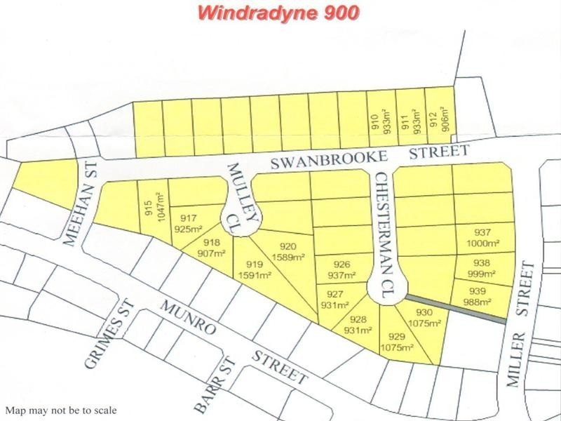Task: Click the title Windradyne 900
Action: pos(279,13)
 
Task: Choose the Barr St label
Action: pos(213,388)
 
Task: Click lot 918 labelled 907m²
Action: pos(208,248)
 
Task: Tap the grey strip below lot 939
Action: pos(456,309)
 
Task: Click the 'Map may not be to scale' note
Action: pos(61,411)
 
